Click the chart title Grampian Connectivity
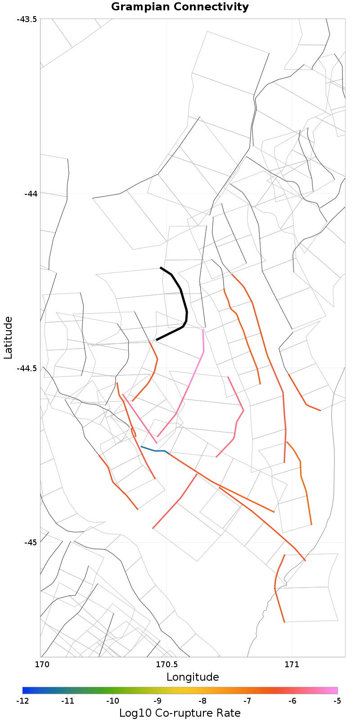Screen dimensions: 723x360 pos(180,7)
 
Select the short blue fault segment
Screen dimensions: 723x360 pos(153,449)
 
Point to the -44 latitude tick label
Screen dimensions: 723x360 pos(31,194)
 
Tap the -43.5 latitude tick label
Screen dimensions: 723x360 pos(28,19)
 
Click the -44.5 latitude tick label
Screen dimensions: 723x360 pos(28,368)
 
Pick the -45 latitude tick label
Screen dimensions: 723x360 pos(31,543)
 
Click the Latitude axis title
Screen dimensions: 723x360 pos(8,337)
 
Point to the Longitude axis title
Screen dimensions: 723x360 pos(193,677)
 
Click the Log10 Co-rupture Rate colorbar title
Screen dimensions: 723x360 pos(180,713)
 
